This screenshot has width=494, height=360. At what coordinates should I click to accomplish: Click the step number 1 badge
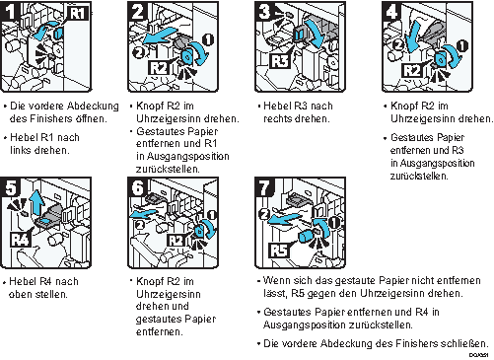(9, 11)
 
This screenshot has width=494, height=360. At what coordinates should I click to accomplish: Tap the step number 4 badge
(391, 12)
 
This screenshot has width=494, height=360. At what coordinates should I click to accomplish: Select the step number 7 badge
(264, 187)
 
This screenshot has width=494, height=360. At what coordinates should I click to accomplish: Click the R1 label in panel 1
(78, 14)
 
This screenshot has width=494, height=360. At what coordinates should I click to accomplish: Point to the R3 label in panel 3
(280, 61)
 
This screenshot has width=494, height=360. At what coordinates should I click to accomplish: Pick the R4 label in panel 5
(21, 239)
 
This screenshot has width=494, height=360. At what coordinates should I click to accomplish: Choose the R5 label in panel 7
(279, 251)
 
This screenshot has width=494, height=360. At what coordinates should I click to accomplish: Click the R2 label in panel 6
(176, 241)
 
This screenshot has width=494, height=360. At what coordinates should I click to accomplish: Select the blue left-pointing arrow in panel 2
(160, 36)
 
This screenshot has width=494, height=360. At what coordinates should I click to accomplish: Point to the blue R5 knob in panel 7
(308, 236)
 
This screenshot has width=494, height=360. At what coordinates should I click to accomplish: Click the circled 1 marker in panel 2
(207, 39)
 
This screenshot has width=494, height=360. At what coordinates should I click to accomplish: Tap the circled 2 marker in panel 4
(398, 44)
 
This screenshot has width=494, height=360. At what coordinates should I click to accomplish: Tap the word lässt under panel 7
(275, 293)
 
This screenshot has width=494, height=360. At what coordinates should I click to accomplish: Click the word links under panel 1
(21, 150)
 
